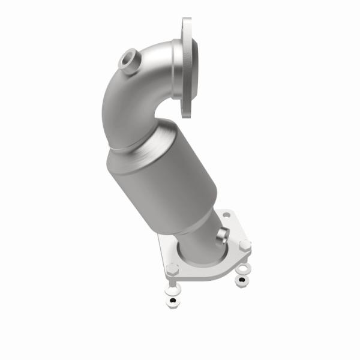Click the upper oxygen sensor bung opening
pyautogui.click(x=127, y=61)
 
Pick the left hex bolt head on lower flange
pyautogui.click(x=172, y=268)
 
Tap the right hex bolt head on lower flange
pyautogui.click(x=244, y=245)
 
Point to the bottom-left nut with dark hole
pyautogui.click(x=173, y=299)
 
